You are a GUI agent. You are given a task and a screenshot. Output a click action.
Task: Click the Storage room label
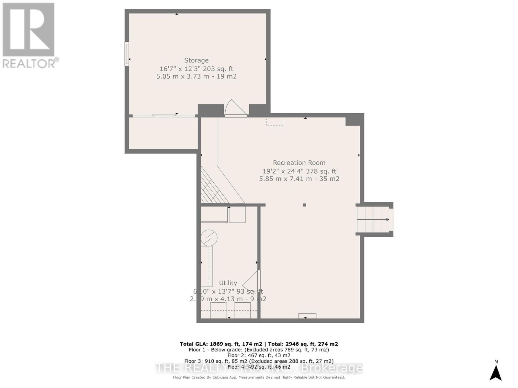pyautogui.click(x=196, y=60)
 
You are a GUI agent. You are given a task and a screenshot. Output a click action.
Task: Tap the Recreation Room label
pyautogui.click(x=299, y=163)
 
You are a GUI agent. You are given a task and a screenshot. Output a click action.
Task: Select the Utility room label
pyautogui.click(x=228, y=283)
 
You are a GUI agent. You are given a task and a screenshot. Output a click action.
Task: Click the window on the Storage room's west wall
pyautogui.click(x=127, y=54)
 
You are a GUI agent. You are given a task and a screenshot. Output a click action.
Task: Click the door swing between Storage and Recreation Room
pyautogui.click(x=235, y=108)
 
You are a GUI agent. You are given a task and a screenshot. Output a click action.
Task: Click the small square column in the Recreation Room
pyautogui.click(x=304, y=205)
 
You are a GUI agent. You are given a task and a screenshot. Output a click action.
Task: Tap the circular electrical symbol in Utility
pyautogui.click(x=209, y=238)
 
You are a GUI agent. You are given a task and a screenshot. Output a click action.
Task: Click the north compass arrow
pyautogui.click(x=496, y=372)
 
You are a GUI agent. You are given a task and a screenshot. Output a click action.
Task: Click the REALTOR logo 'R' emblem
pyautogui.click(x=28, y=30)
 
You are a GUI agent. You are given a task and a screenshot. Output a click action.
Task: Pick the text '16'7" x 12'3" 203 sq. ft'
pyautogui.click(x=196, y=69)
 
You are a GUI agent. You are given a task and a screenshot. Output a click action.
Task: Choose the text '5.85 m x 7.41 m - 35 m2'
pyautogui.click(x=299, y=179)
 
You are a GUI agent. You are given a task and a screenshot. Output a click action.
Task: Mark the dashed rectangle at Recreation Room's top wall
pyautogui.click(x=275, y=121)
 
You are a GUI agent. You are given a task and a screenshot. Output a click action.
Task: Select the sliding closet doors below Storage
pyautogui.click(x=164, y=116)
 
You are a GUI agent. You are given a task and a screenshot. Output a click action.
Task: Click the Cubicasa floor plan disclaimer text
pyautogui.click(x=259, y=377)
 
